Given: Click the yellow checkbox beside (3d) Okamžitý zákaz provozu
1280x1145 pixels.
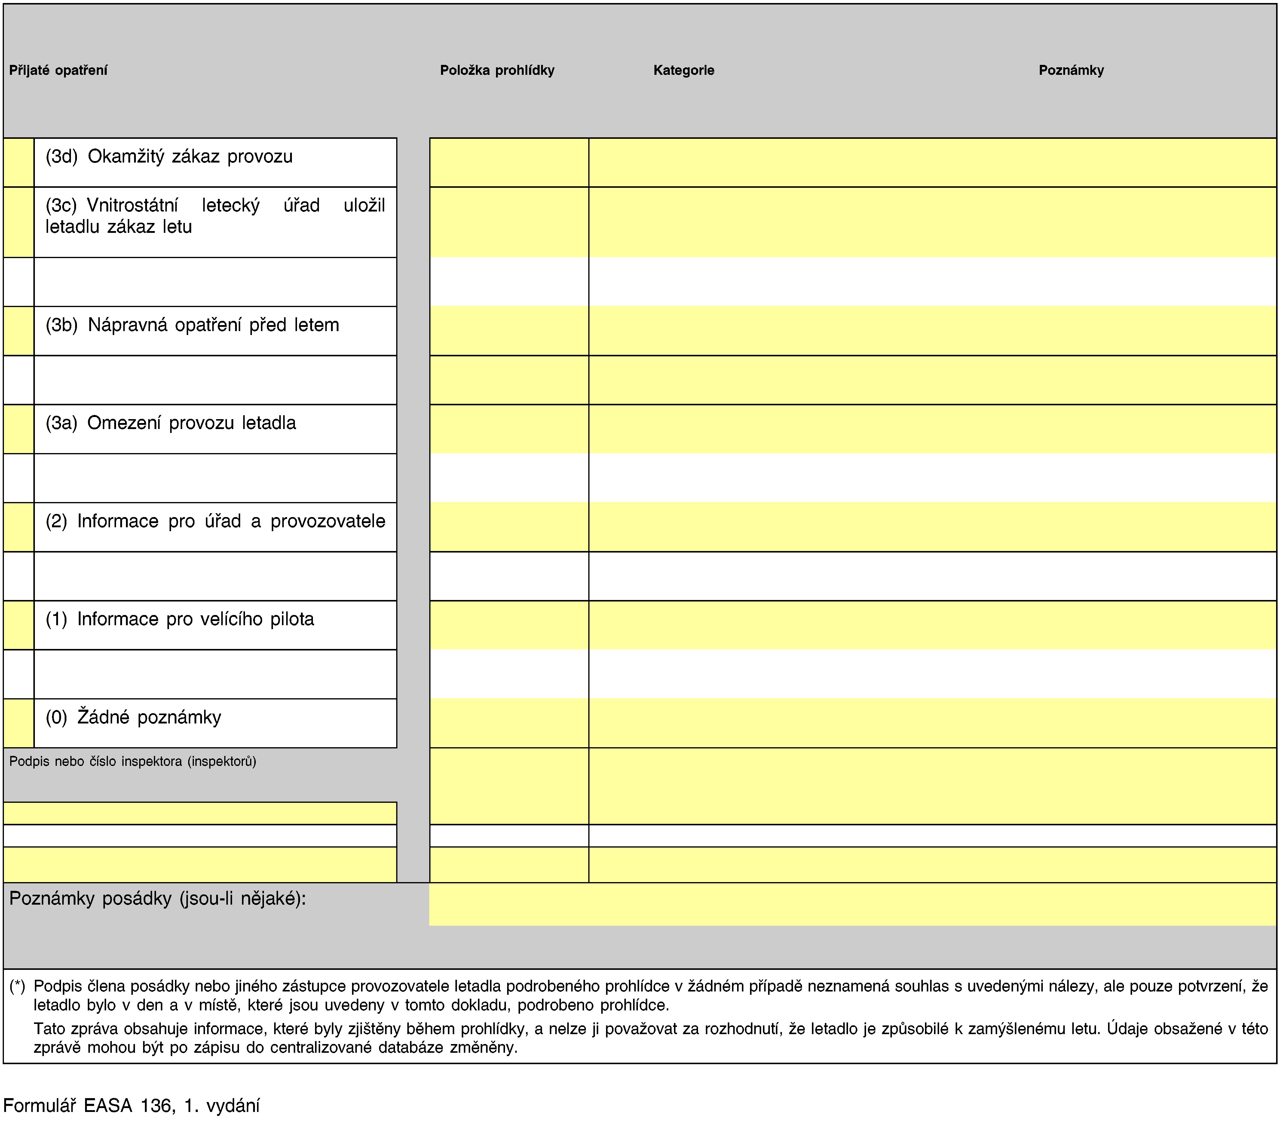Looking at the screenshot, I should pos(18,162).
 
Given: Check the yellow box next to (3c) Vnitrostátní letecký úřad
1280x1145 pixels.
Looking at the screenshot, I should pos(18,222).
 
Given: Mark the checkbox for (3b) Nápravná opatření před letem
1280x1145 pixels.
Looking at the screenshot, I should pos(18,331).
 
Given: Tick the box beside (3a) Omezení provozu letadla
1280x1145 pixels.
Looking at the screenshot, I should pos(18,429).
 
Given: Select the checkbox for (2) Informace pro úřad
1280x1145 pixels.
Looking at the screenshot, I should pos(18,527).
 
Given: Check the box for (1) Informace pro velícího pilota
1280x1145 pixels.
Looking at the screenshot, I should pos(18,625).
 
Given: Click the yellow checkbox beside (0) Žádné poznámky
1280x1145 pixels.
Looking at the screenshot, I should pos(18,723).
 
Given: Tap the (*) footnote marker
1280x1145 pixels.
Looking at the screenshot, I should pos(17,986).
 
